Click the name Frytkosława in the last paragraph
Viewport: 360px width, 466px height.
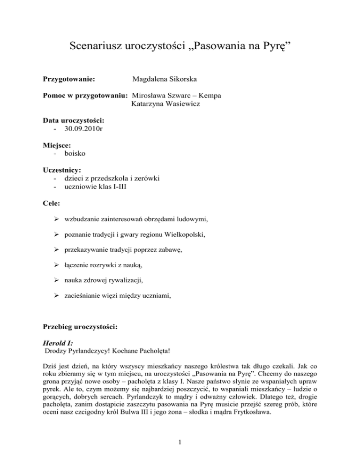point(257,413)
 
